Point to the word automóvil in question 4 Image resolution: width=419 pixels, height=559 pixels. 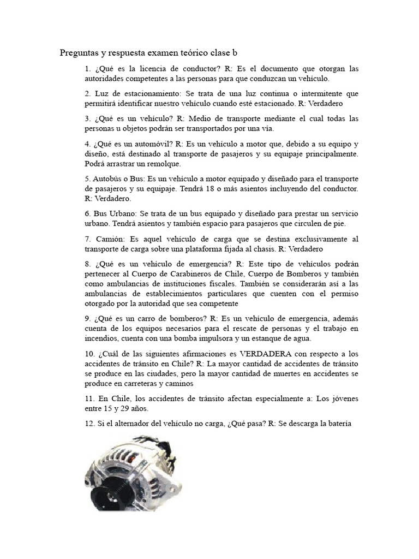click(155, 144)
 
